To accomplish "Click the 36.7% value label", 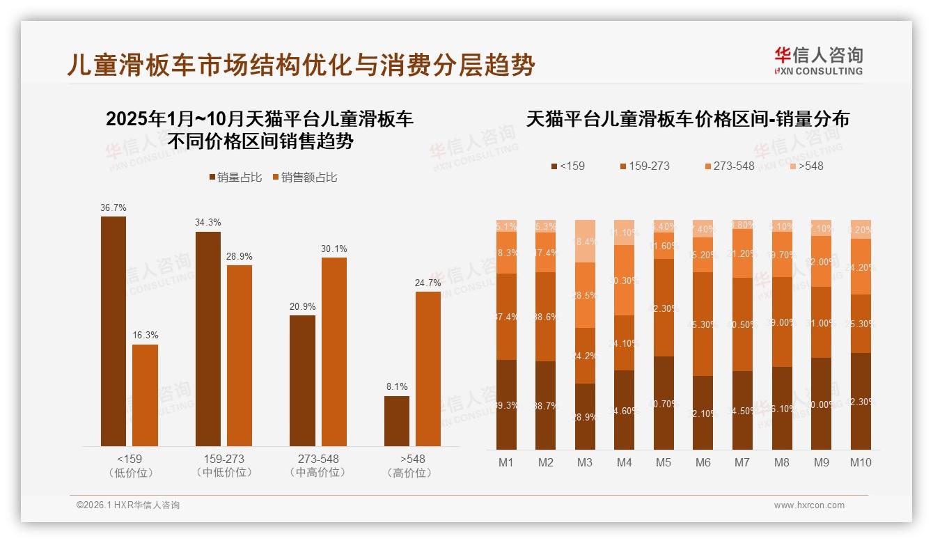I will [x=113, y=207].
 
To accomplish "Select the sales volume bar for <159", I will [x=113, y=331].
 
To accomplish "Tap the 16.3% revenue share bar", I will [x=145, y=395].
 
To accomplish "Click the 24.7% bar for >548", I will [x=428, y=368].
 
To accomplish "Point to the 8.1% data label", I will [x=397, y=387].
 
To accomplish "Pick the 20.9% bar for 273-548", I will [x=302, y=380].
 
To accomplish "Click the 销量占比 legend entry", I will [x=235, y=178].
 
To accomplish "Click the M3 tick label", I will [x=585, y=462].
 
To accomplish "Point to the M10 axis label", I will [x=861, y=462].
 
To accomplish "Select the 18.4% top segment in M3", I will [x=585, y=241].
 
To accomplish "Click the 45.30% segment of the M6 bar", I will [x=703, y=324].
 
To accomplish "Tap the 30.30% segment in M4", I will [x=625, y=280].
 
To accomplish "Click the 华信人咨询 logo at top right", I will [x=818, y=61].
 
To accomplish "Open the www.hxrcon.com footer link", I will [x=809, y=505].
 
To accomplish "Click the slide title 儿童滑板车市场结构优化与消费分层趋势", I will [x=301, y=65].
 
